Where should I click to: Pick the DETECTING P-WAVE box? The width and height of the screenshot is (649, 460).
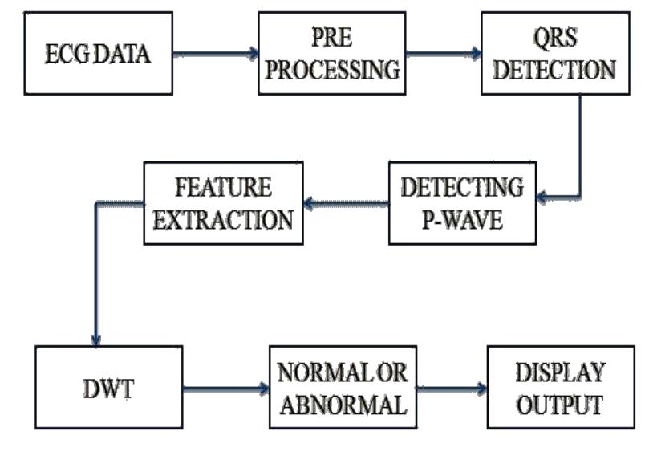462,203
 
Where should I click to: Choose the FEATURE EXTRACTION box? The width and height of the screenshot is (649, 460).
223,203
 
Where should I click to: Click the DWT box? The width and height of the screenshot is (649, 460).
108,390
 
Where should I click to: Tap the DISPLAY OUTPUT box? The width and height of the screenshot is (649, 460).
559,390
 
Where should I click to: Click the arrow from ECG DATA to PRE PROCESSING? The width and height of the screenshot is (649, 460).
215,55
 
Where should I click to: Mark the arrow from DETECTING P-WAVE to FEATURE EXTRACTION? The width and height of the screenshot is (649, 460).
346,204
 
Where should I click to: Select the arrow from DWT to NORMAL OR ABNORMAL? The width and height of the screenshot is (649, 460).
225,390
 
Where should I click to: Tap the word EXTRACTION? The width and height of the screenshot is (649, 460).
223,218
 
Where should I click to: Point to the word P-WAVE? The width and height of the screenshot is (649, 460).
462,219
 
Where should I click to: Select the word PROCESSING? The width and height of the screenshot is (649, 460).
332,71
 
